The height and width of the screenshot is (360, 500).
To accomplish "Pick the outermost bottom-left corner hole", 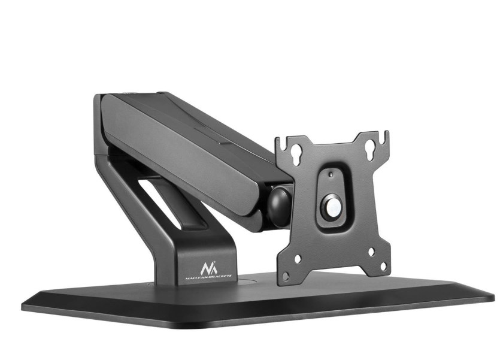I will click(286, 275).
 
